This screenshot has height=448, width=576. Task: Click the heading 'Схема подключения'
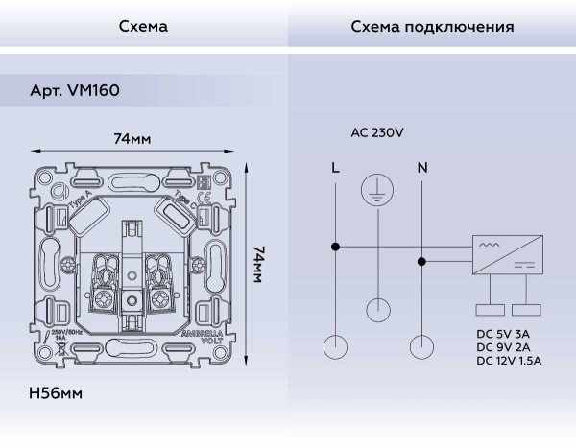tap(431, 27)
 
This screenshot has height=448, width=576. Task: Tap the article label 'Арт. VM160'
tap(74, 89)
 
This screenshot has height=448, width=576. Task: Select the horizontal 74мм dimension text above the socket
tap(132, 139)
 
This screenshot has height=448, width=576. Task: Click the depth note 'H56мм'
tap(57, 393)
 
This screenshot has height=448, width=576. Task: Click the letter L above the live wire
tap(334, 168)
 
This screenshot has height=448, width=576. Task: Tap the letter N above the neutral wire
tap(421, 168)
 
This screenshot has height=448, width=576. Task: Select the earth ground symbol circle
tap(377, 191)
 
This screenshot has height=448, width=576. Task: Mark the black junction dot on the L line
tap(335, 247)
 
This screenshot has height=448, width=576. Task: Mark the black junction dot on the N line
tap(421, 260)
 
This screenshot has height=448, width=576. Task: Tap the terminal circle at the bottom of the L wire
tap(335, 346)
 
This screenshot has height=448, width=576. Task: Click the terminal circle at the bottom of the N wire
tap(421, 346)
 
